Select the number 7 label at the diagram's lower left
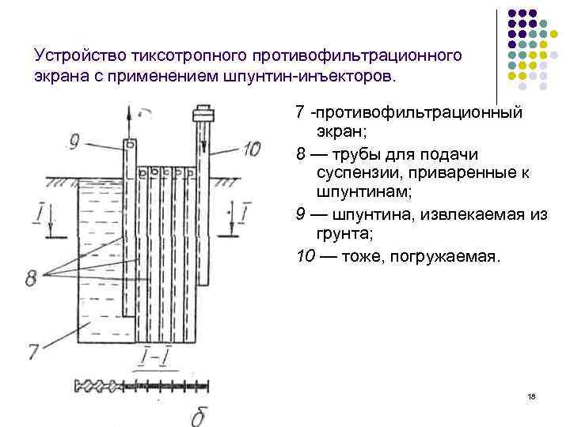32,349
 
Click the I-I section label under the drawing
155,361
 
